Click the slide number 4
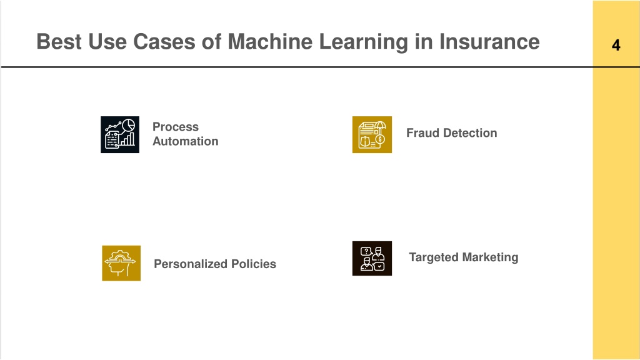(616, 45)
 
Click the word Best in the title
(59, 42)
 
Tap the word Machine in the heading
(270, 42)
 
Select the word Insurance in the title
(489, 42)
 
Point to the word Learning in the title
(363, 42)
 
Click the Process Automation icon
(120, 135)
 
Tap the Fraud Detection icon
(372, 135)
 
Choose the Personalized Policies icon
(121, 263)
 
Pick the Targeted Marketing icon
(372, 258)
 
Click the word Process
(176, 127)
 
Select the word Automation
(185, 141)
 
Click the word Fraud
(422, 133)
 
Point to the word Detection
(470, 133)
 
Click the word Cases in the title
(164, 42)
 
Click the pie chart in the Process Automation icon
(129, 125)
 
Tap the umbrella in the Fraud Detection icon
(380, 126)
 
